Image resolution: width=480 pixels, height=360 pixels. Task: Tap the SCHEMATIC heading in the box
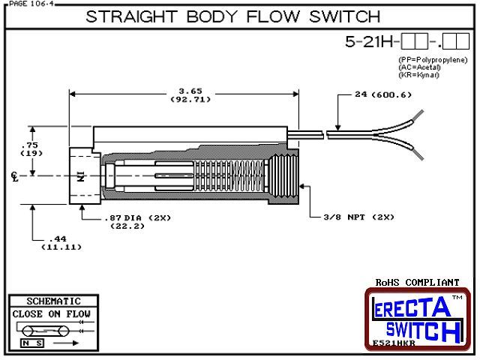[52, 301]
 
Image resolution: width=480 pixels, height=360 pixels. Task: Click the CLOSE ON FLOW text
[52, 313]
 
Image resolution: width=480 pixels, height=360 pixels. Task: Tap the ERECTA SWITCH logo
[417, 318]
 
